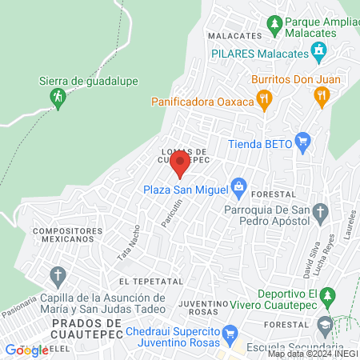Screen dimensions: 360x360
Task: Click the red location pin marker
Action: coord(179,164)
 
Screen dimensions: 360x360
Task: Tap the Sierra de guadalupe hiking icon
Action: coord(58,98)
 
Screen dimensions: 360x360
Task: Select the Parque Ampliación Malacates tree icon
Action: coord(274,24)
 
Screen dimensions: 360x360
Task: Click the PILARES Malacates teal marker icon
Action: coord(319,53)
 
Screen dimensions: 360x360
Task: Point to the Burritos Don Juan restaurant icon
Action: coord(322,98)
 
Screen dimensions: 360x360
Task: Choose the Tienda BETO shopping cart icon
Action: coord(302,145)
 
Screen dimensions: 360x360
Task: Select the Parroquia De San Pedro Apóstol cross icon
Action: coord(320,212)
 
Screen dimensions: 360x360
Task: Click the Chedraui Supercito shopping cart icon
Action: coord(230,332)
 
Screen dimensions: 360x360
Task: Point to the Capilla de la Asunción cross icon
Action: coord(58,278)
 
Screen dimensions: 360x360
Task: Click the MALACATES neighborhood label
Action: coord(234,36)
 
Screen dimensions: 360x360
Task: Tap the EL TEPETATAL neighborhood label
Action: coord(146,282)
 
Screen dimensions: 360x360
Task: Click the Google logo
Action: coord(26,350)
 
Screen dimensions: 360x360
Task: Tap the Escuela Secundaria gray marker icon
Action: coord(324,326)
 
